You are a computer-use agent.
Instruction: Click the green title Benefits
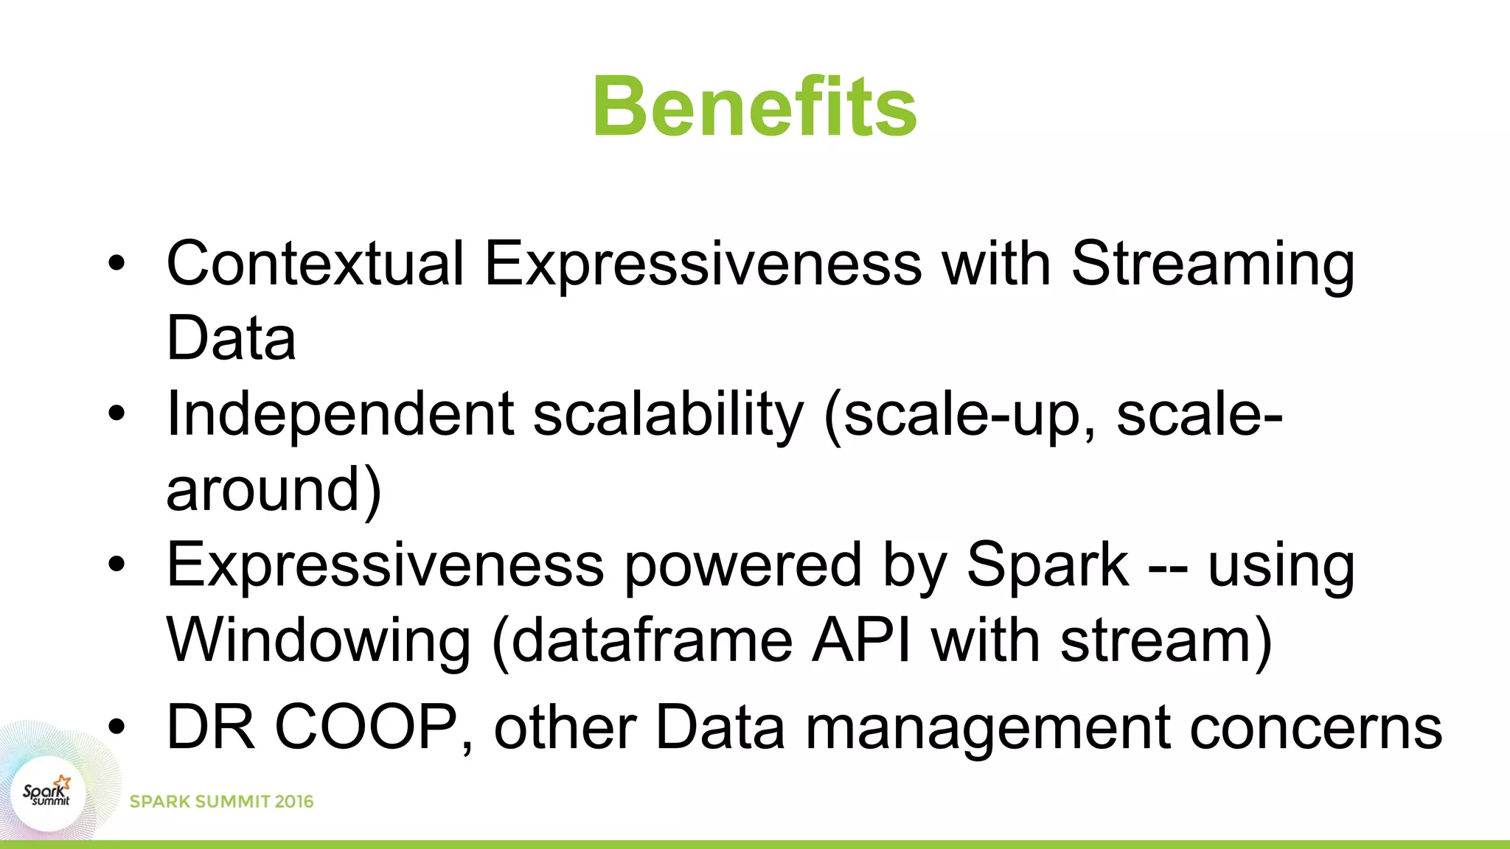point(754,108)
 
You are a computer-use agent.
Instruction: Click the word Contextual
point(316,264)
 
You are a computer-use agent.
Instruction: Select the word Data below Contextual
point(231,338)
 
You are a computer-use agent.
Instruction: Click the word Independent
point(340,414)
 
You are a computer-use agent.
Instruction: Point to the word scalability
point(668,416)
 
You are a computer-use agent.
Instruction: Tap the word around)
point(274,490)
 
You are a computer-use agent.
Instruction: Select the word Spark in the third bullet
point(1047,566)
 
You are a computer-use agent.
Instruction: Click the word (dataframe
point(641,641)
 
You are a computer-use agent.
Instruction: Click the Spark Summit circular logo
point(48,794)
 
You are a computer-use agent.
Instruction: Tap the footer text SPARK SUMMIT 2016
point(221,802)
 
